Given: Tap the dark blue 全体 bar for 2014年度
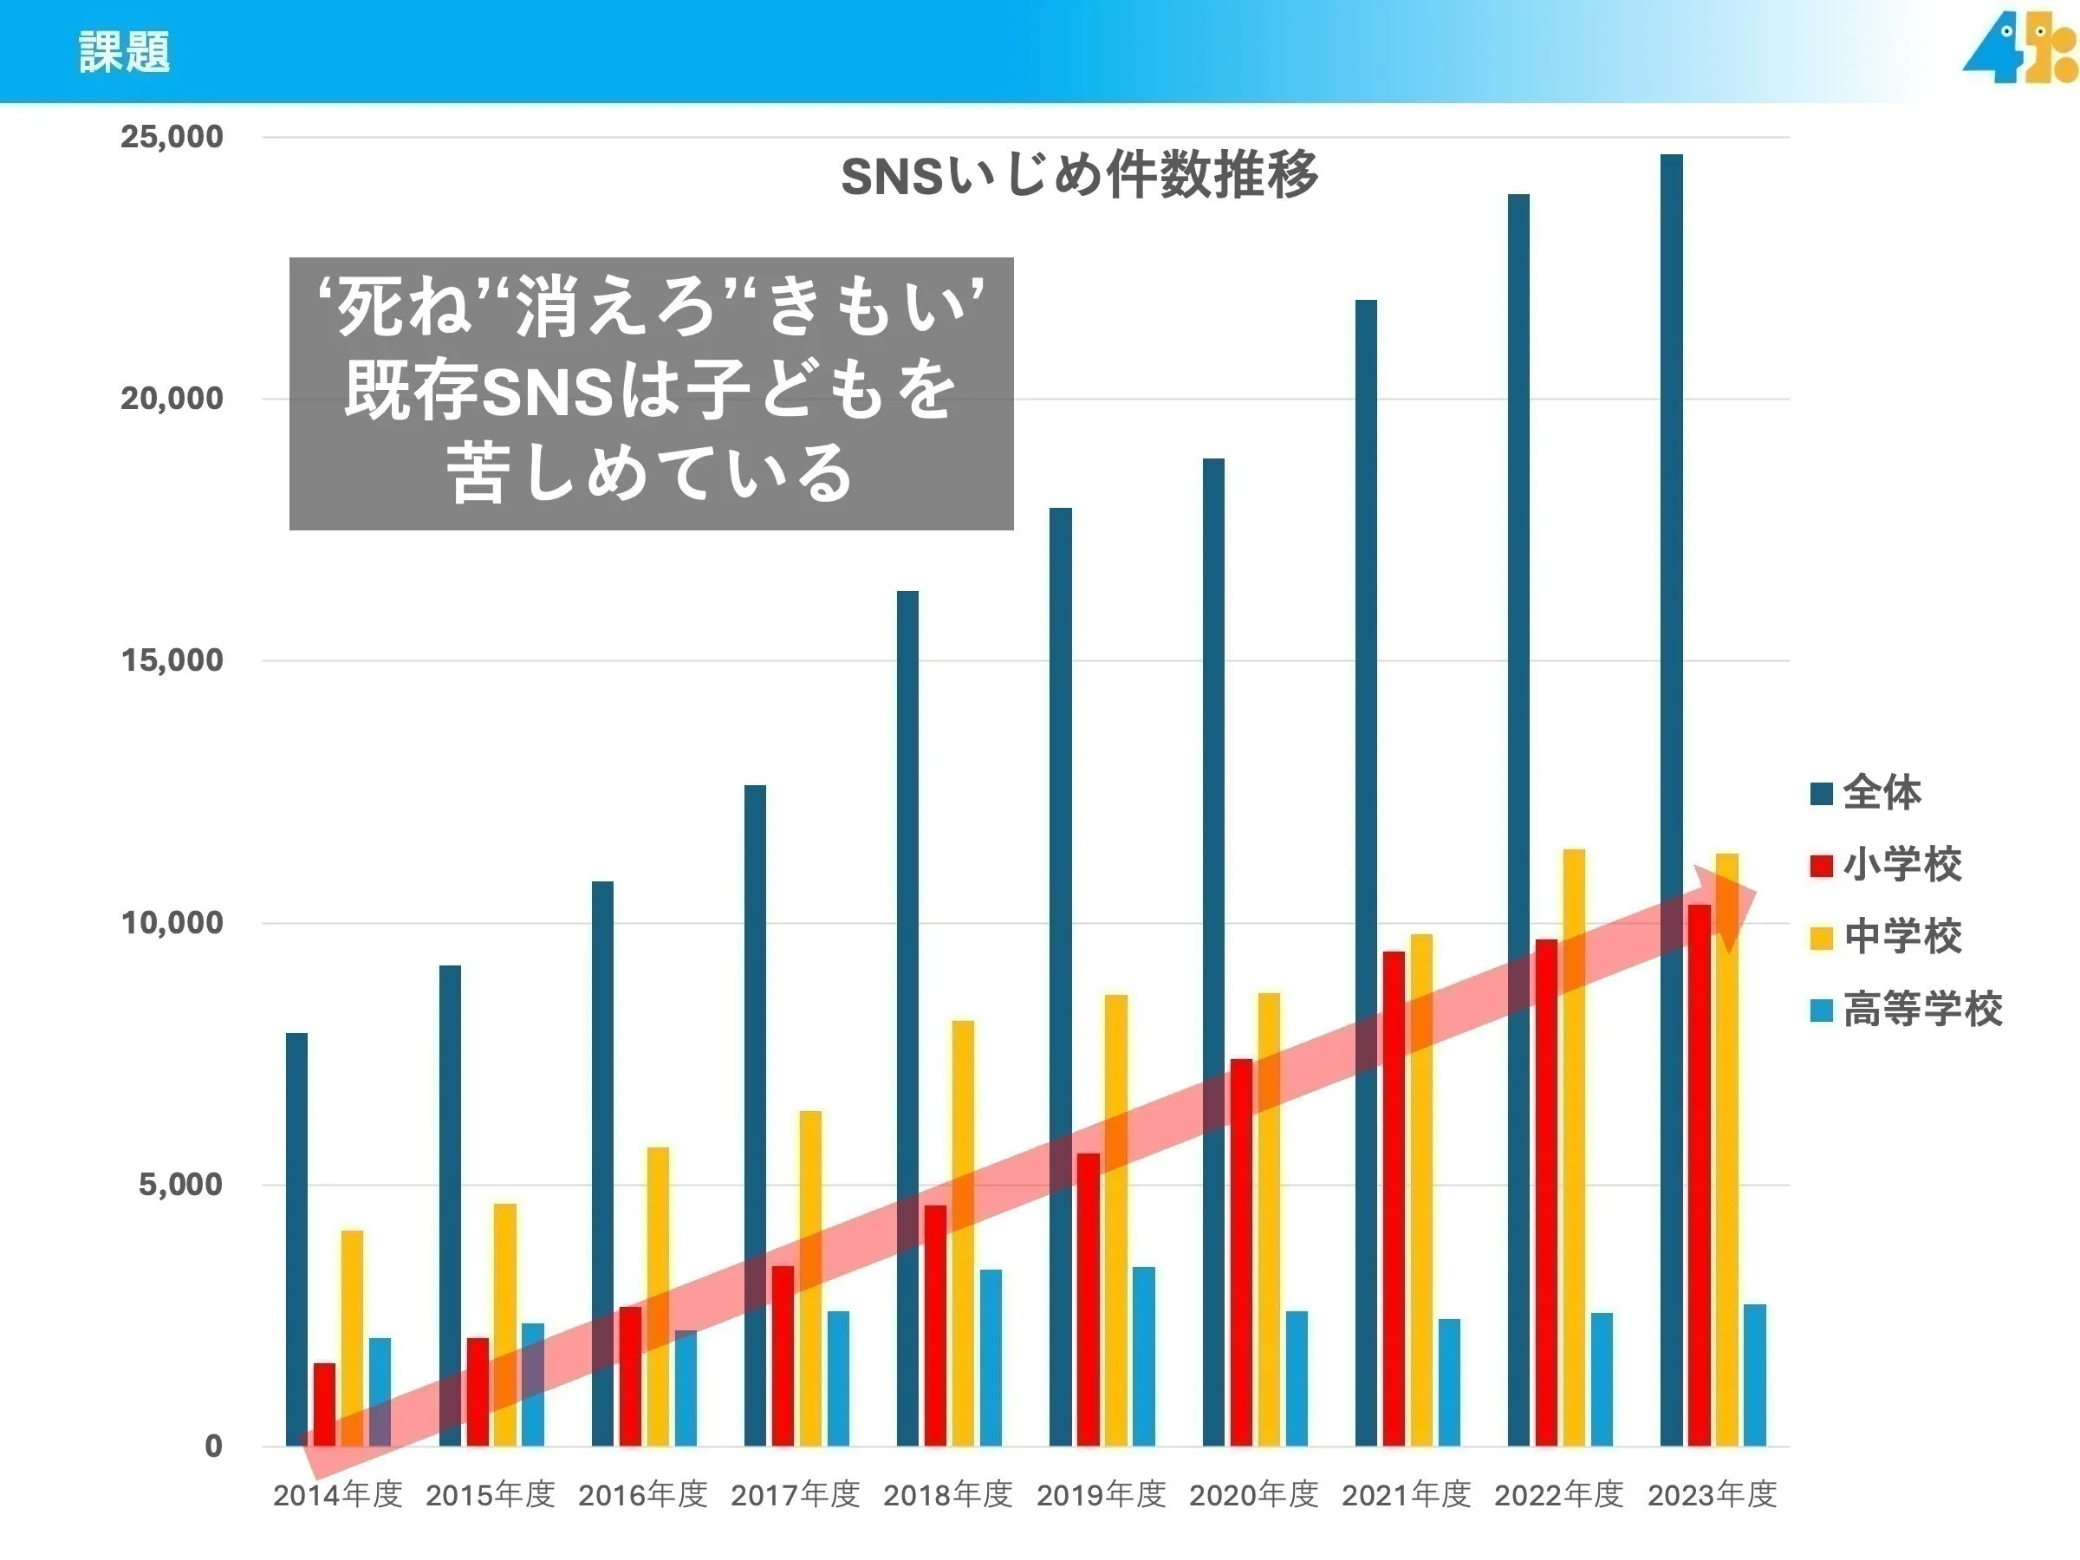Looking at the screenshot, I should pos(296,1222).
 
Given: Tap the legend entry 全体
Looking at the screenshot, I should pos(1881,793).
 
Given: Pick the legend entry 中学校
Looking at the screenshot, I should pos(1901,937).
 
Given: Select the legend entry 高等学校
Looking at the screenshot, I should pos(1921,1009).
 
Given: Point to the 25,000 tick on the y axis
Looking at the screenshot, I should pos(172,137).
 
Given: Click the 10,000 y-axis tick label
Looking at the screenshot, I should pos(172,922).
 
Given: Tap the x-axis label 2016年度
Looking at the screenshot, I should pos(642,1494).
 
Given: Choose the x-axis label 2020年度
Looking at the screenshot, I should pos(1253,1494).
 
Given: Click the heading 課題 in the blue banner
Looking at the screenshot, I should pos(124,52).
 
